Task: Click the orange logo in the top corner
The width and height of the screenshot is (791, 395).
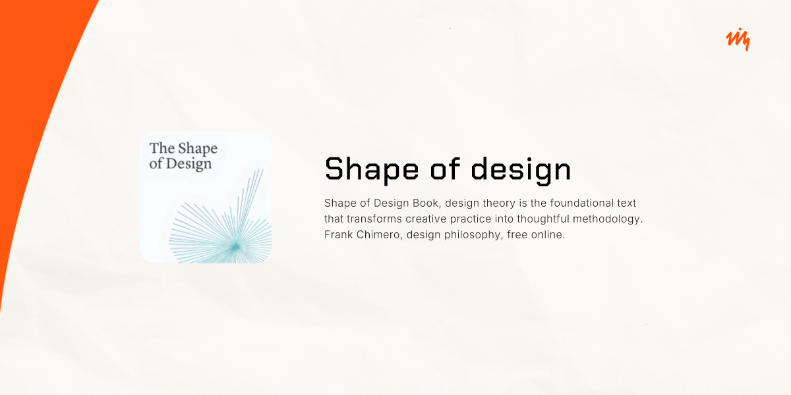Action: click(x=738, y=40)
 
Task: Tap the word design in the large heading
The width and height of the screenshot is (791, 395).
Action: click(x=521, y=169)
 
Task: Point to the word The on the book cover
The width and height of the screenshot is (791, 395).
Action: click(x=162, y=148)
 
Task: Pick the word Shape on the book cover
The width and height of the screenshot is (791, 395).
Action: click(x=198, y=148)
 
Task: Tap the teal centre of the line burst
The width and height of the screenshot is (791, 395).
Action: click(x=235, y=246)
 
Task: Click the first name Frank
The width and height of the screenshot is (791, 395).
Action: click(x=338, y=234)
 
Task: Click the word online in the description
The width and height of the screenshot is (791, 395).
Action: click(x=548, y=234)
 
